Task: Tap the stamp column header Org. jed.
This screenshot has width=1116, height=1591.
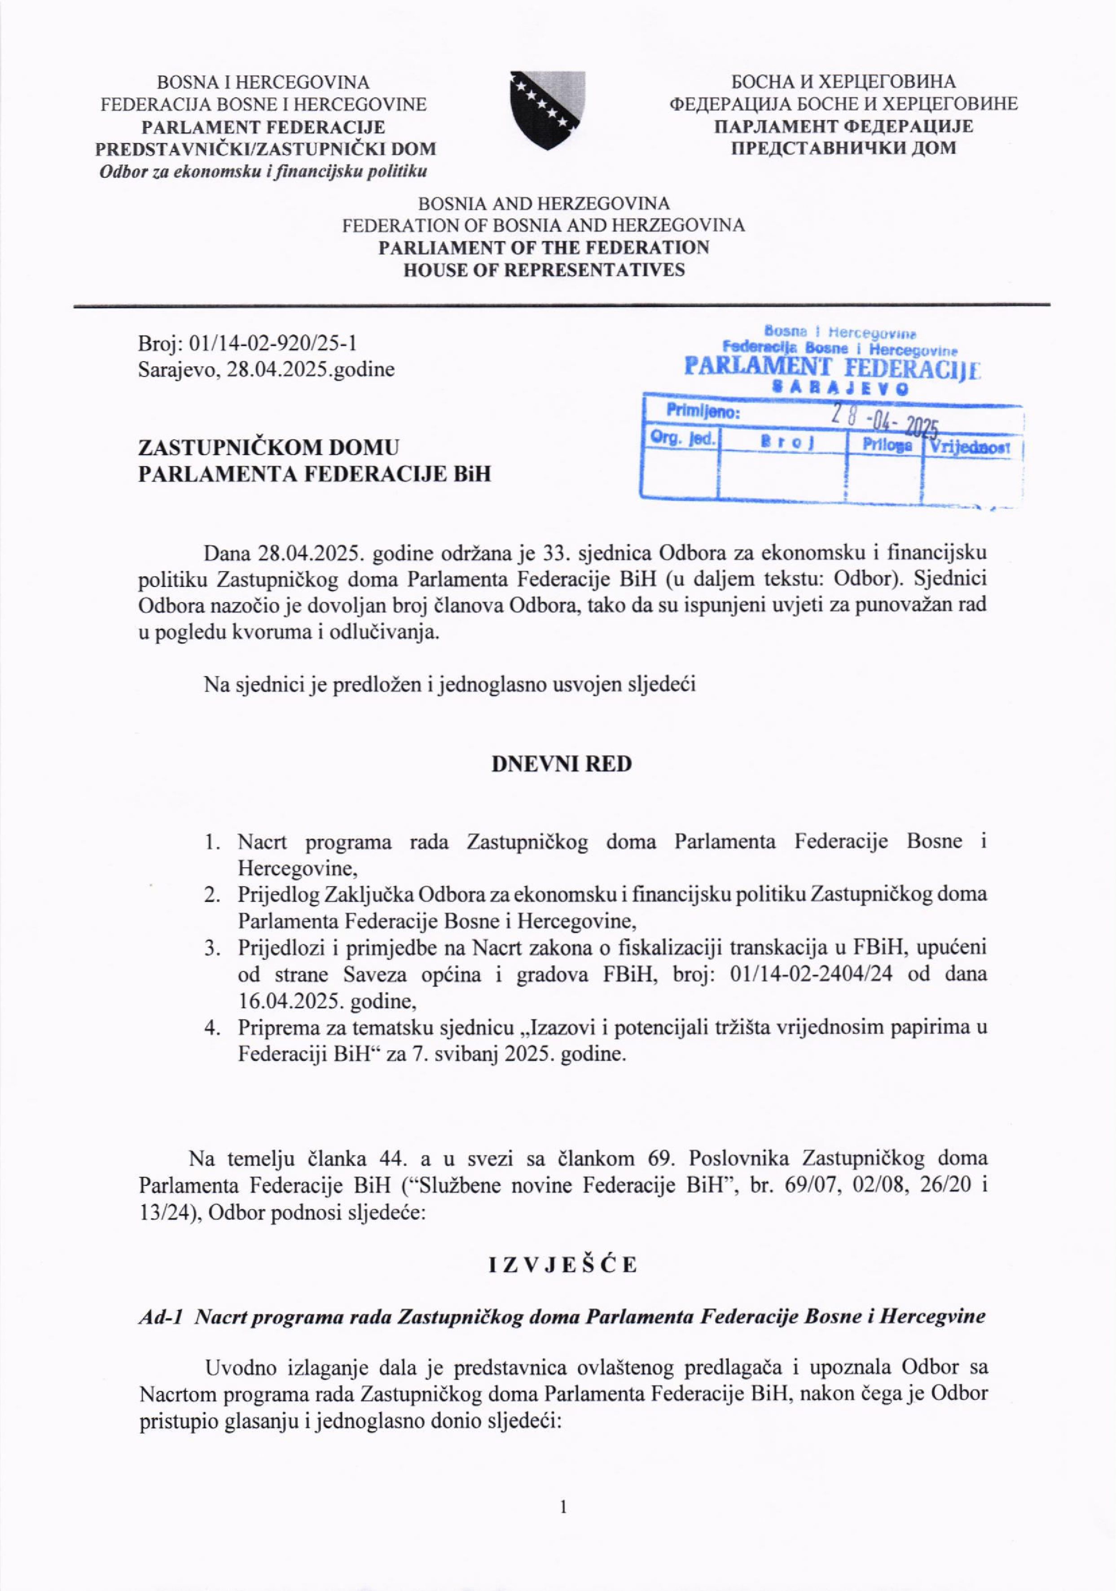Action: point(682,438)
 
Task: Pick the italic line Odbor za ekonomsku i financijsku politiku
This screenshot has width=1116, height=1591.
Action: point(264,171)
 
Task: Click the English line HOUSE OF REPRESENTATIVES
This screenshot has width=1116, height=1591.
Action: point(544,270)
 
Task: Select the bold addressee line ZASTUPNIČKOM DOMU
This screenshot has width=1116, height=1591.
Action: point(269,448)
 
